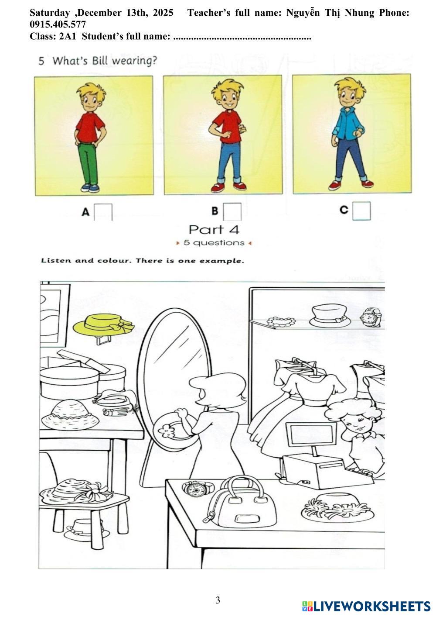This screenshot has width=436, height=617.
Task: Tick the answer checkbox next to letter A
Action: [x=103, y=212]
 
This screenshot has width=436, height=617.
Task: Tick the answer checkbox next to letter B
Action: [x=232, y=211]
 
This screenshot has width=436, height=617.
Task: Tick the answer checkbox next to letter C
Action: [x=361, y=211]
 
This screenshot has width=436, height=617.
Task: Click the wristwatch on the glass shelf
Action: [x=371, y=317]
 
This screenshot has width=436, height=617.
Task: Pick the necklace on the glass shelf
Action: [x=281, y=322]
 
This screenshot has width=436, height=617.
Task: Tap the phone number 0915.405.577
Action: [x=58, y=24]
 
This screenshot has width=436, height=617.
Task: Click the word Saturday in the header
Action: [x=50, y=13]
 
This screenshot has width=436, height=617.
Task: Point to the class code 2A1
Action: [x=68, y=36]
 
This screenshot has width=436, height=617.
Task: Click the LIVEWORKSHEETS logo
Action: [x=366, y=606]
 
